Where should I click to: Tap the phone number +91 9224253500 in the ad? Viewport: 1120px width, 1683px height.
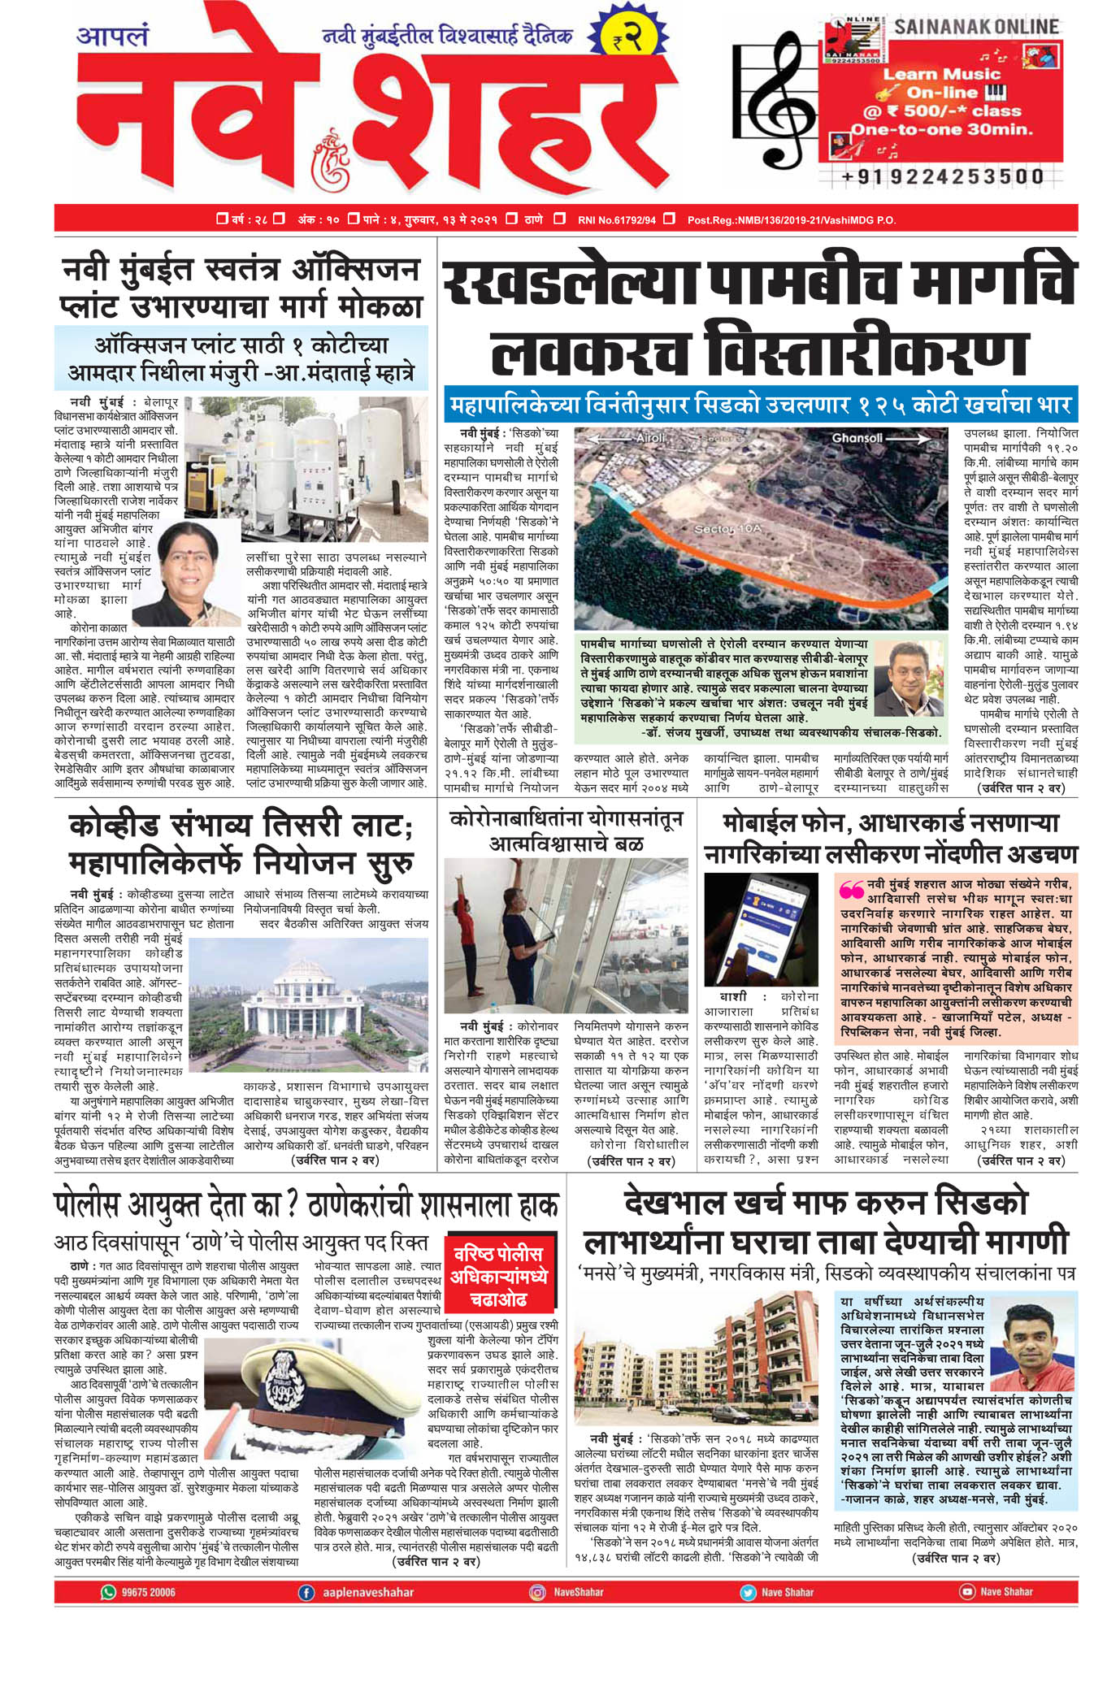[x=942, y=176]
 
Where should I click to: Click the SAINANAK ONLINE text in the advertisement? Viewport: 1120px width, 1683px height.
[x=976, y=27]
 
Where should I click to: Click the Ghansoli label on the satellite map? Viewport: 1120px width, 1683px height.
[x=857, y=438]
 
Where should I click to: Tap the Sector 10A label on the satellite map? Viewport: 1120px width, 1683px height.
[x=727, y=529]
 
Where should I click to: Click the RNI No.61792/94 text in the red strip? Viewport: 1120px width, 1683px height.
[x=616, y=219]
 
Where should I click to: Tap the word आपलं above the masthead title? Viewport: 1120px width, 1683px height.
[x=113, y=36]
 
